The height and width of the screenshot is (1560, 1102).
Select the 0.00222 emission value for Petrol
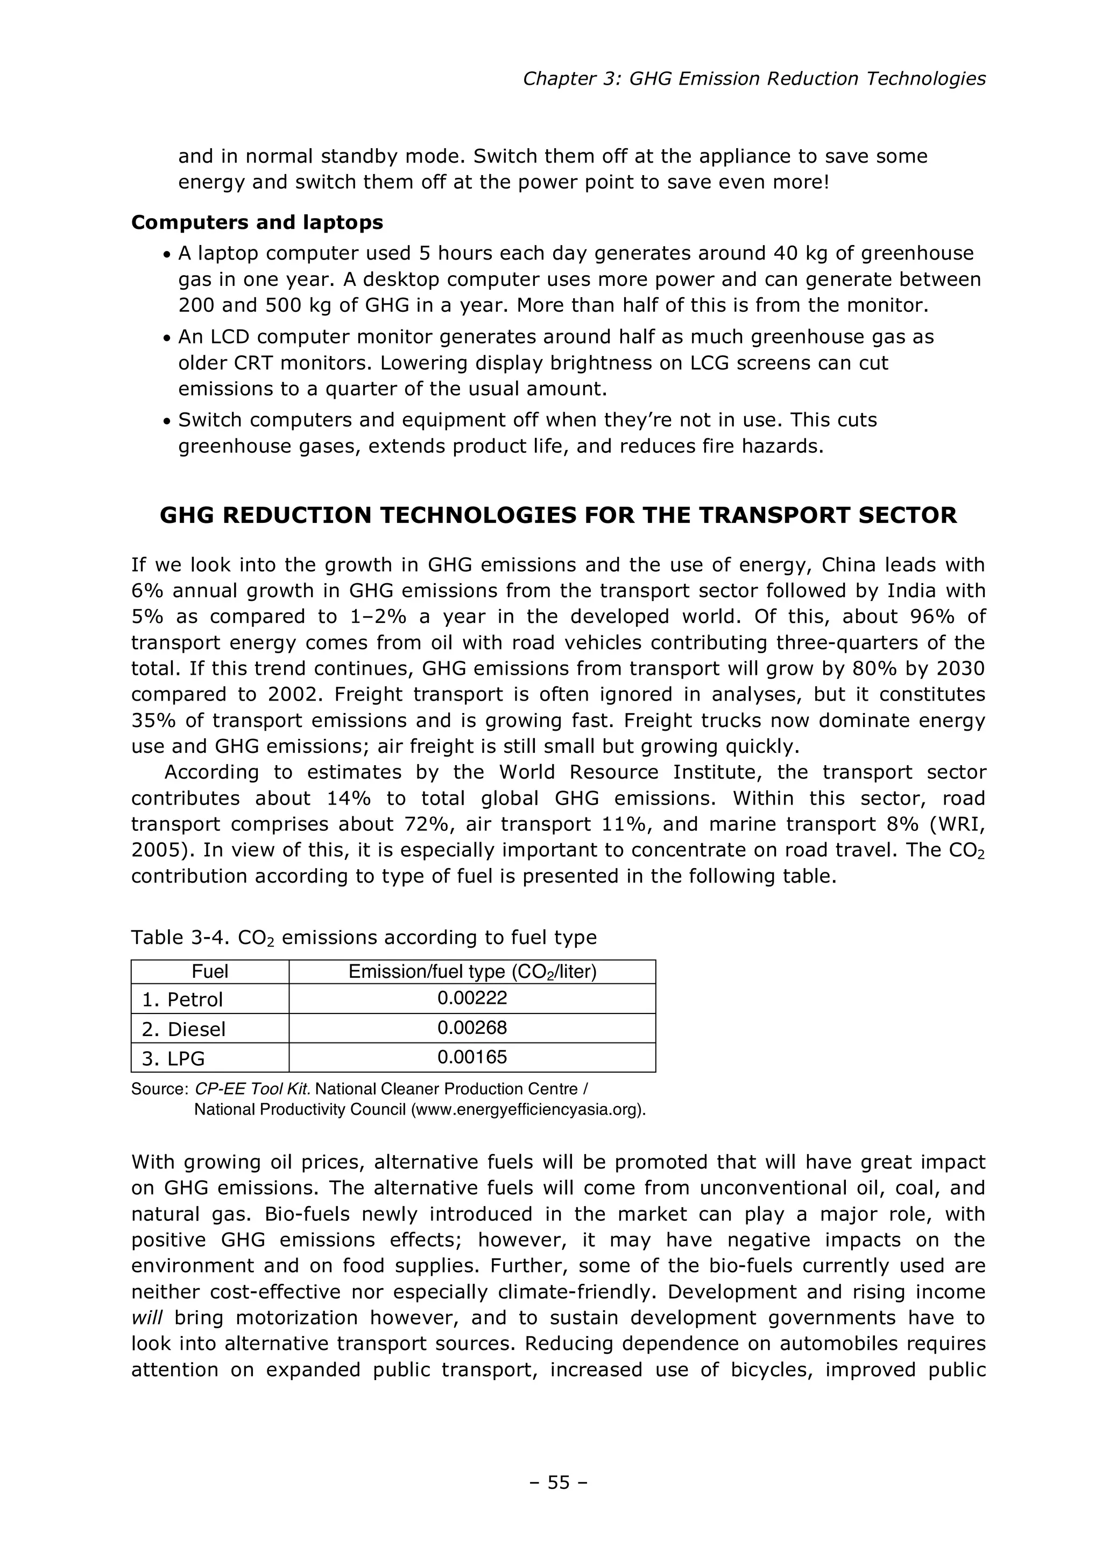472,998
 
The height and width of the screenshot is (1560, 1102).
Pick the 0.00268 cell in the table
472,1027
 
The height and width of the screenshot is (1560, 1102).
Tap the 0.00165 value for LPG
472,1057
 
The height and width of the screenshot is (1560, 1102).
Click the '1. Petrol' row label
182,999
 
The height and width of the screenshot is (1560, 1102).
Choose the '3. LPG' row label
173,1059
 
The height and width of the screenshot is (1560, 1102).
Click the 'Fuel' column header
210,971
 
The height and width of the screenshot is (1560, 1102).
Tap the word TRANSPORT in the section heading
775,516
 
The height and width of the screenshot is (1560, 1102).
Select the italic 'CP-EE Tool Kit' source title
252,1089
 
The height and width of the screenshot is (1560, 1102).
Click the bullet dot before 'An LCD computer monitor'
166,338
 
